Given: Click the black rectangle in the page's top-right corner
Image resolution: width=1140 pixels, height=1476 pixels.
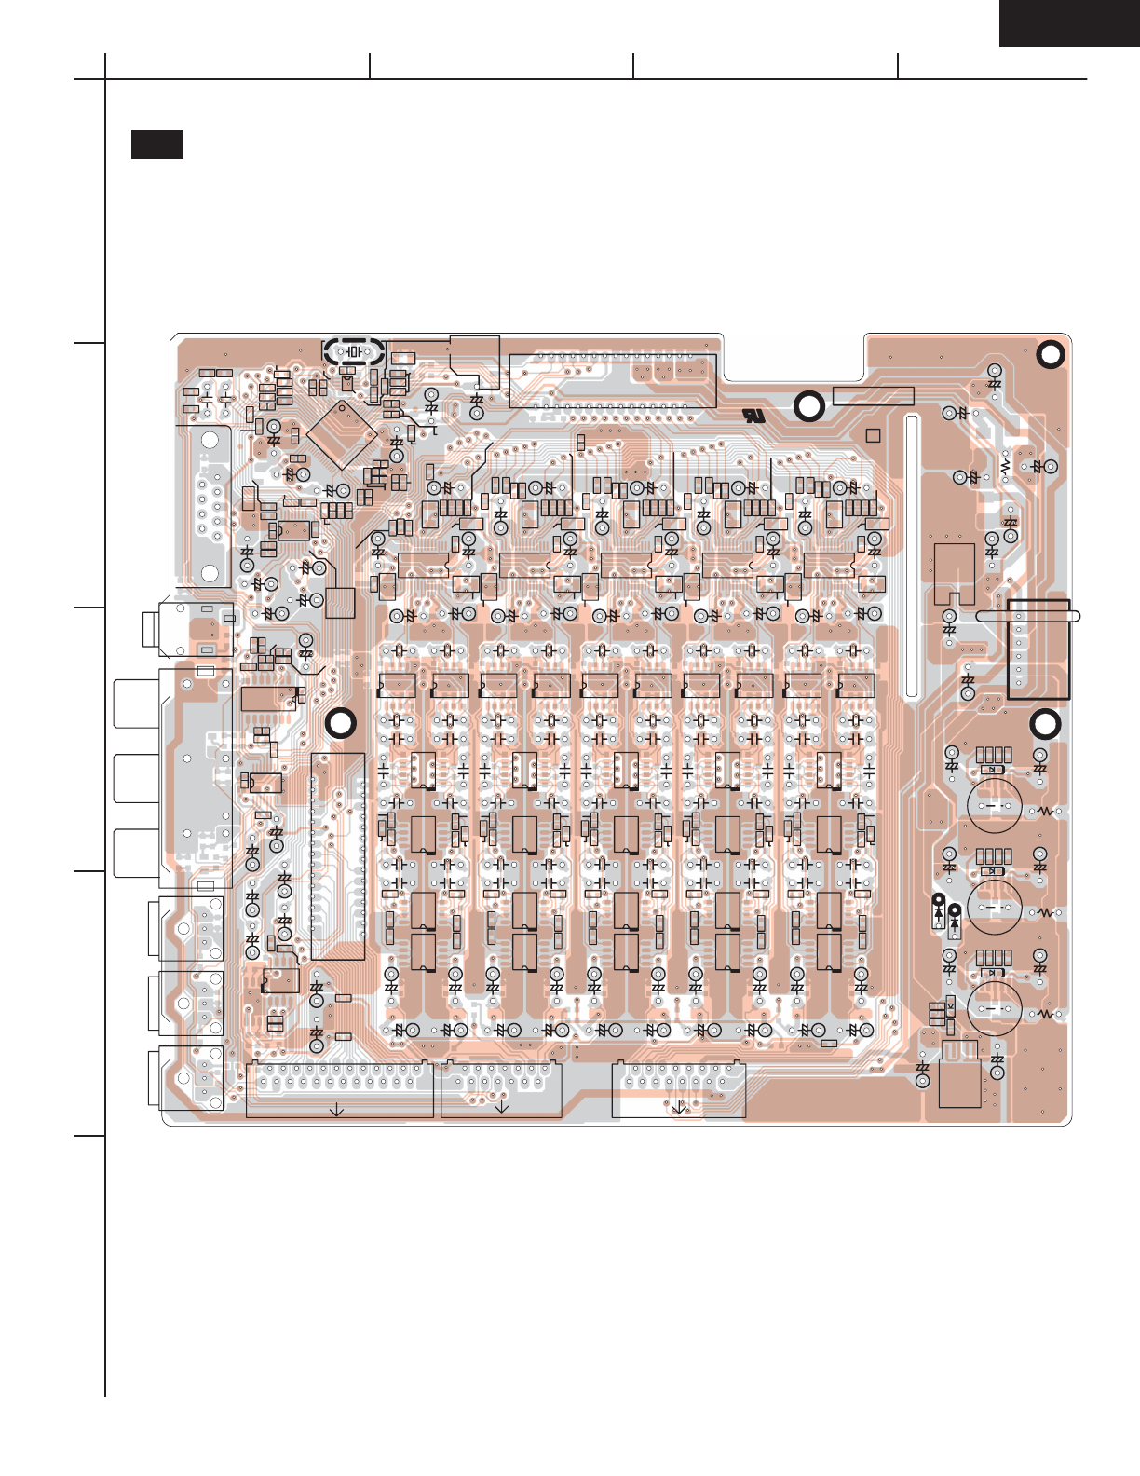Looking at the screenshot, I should tap(1069, 22).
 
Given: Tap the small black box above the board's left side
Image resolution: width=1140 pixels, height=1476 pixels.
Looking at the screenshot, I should tap(156, 144).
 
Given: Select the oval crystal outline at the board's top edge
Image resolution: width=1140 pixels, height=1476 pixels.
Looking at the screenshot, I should tap(354, 351).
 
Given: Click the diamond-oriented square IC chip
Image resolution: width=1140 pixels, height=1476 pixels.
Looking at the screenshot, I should tap(342, 433).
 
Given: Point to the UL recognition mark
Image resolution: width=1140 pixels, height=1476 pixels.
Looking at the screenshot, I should tap(753, 416).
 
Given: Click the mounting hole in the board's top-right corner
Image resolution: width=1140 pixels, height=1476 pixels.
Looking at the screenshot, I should tap(1050, 355).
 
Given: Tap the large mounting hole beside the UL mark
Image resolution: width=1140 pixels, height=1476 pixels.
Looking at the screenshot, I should tap(808, 406).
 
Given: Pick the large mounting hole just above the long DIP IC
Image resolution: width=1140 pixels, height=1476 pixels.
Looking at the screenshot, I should tap(341, 724).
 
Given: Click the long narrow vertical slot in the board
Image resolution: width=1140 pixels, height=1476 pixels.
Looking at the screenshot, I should tap(912, 556).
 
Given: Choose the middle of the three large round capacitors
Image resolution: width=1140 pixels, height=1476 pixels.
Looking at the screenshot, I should tap(995, 906).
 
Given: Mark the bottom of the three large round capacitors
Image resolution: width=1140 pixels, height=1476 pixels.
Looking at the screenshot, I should tap(995, 1007).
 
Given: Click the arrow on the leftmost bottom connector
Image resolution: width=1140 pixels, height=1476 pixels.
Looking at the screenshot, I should tap(337, 1109).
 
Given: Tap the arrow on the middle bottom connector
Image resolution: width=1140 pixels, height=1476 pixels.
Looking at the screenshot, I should tap(501, 1106).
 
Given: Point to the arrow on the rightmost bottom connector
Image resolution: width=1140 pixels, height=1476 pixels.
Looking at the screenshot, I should tap(679, 1106).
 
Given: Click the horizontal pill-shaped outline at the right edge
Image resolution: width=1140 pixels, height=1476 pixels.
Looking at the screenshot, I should tap(1028, 616).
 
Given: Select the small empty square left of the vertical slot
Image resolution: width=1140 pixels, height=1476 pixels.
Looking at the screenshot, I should tap(873, 435).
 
